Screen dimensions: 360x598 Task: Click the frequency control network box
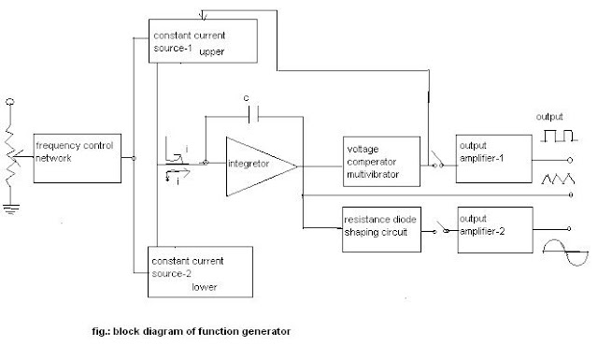pos(78,159)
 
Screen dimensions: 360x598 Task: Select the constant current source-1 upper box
pos(202,39)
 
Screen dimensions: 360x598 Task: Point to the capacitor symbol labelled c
pos(247,114)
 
